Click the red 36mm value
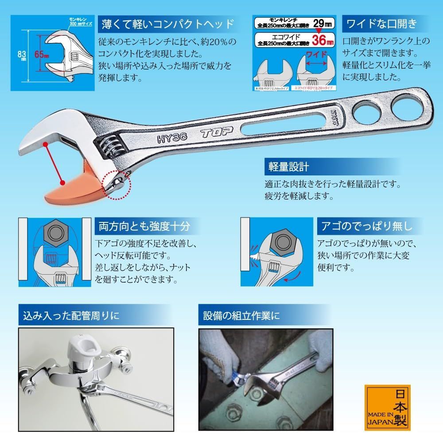[x=322, y=42]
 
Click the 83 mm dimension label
[x=20, y=55]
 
